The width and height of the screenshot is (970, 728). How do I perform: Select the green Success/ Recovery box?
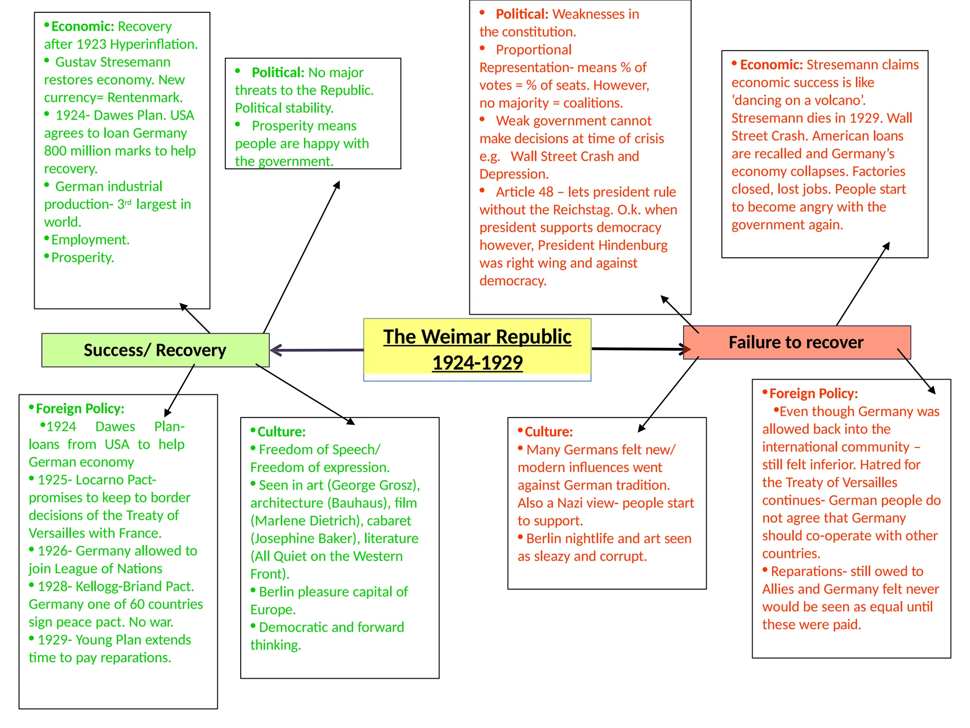coord(155,350)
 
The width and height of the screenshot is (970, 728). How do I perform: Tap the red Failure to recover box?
coord(796,342)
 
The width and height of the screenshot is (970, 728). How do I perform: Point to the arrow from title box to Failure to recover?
coord(637,349)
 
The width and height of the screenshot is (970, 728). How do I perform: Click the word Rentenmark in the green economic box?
coord(144,98)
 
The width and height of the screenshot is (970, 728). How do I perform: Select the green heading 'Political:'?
coord(278,73)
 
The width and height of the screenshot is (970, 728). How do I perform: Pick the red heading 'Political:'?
coord(521,14)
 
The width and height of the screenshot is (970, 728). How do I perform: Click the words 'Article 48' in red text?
coord(524,192)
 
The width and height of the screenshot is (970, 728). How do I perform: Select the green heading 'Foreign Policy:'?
coord(80,409)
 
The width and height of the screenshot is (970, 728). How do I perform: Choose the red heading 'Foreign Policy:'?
coord(813,393)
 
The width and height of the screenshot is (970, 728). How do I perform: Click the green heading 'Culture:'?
coord(281,432)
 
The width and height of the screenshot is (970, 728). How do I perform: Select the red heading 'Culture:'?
coord(548,432)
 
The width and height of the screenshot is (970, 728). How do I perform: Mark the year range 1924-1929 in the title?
coord(477,363)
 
